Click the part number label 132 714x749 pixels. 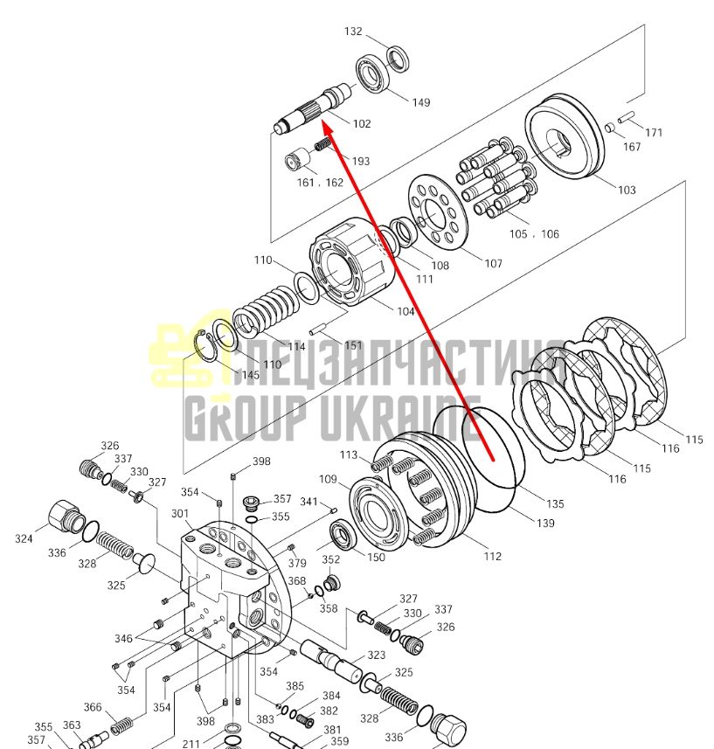pyautogui.click(x=353, y=31)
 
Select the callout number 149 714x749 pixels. pyautogui.click(x=420, y=102)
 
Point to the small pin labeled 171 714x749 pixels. pyautogui.click(x=625, y=116)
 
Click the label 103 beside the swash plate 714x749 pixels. pyautogui.click(x=627, y=191)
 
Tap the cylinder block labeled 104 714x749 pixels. pyautogui.click(x=352, y=262)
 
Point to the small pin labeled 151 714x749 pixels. pyautogui.click(x=317, y=329)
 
